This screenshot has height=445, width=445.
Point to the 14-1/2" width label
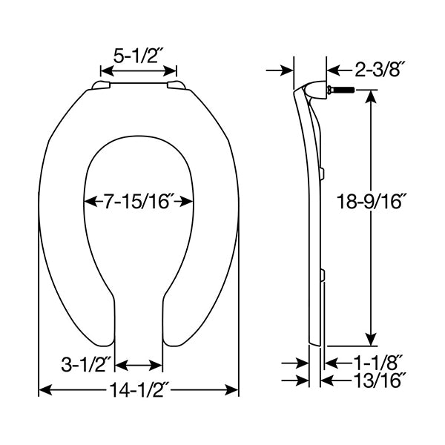139,389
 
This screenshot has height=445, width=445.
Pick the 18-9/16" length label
370,201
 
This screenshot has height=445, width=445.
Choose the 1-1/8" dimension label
378,363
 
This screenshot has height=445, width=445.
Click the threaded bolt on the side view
340,90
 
